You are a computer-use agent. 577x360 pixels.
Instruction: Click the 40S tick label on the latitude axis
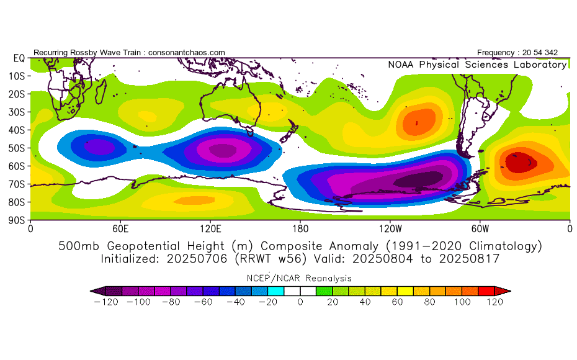(x=17, y=130)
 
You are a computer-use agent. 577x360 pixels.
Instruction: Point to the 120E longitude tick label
(x=210, y=229)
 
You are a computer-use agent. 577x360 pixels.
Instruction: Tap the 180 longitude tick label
(x=300, y=229)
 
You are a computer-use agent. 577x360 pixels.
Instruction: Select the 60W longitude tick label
(x=480, y=229)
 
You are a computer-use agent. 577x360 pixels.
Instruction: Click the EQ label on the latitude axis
(x=19, y=58)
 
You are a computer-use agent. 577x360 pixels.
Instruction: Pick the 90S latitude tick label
(x=17, y=220)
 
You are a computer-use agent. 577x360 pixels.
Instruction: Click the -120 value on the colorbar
(x=106, y=302)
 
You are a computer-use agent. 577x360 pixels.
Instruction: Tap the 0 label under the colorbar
(x=300, y=302)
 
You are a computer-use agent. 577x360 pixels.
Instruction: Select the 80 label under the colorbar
(x=429, y=302)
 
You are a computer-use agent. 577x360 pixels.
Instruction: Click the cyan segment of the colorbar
(x=276, y=291)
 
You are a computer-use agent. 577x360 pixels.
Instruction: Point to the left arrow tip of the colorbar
(x=90, y=291)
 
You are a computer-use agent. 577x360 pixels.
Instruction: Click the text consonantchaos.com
(x=187, y=53)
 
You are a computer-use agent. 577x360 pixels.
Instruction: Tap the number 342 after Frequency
(x=551, y=53)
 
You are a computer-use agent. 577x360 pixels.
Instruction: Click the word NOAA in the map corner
(x=401, y=65)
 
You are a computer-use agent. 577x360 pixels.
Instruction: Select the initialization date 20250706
(x=197, y=259)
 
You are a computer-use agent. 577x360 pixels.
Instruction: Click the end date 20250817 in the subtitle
(x=469, y=259)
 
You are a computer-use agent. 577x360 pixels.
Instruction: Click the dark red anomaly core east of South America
(x=519, y=163)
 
